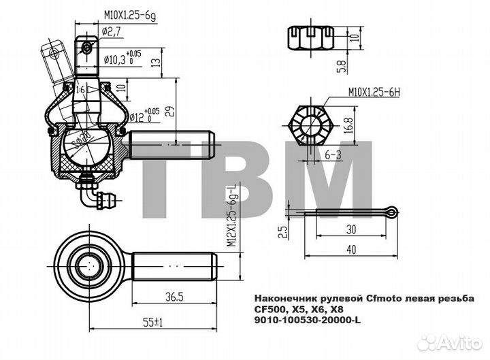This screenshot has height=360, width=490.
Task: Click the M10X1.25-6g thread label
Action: [131, 12]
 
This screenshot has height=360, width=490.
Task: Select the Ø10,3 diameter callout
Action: [122, 59]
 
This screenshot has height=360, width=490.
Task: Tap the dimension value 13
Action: [156, 63]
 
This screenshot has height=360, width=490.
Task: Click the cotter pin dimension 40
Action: [350, 250]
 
